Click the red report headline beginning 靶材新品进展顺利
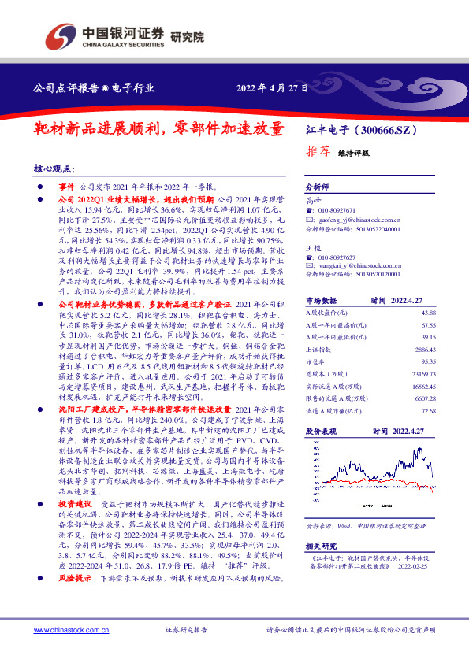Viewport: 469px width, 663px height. pos(158,128)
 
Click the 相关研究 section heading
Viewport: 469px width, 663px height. pos(320,545)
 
